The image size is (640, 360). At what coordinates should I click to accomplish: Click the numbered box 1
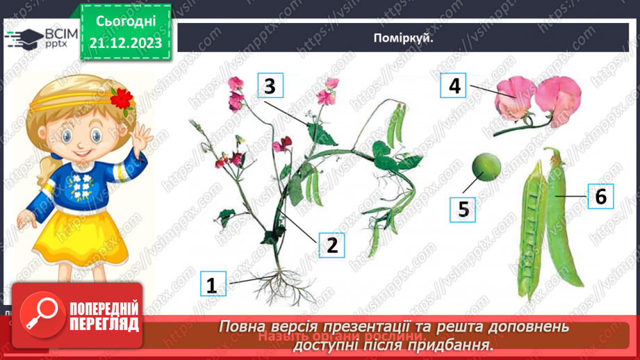click(x=211, y=284)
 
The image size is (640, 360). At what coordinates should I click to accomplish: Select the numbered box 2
click(x=331, y=244)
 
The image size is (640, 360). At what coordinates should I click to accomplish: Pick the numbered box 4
click(x=454, y=86)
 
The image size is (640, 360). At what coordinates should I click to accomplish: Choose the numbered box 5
click(x=462, y=208)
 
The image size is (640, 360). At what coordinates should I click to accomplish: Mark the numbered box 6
click(x=601, y=197)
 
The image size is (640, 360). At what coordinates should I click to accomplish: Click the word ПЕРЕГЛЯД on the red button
click(x=103, y=324)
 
